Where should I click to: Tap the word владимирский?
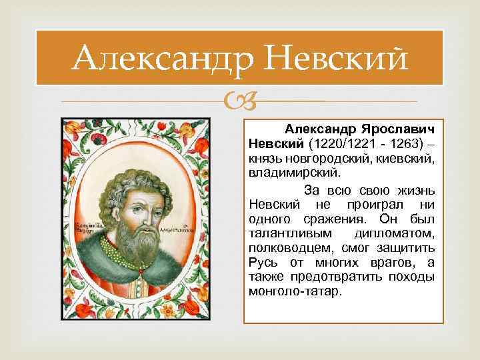pos(293,173)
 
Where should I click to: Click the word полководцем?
pos(288,249)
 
